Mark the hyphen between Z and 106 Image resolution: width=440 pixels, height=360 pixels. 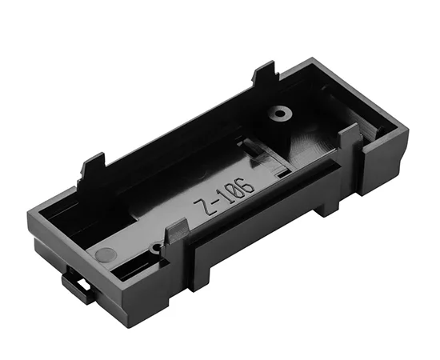pyautogui.click(x=215, y=205)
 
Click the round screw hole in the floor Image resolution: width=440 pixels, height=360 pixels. pyautogui.click(x=280, y=114)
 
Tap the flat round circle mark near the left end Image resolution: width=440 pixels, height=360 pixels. pyautogui.click(x=105, y=255)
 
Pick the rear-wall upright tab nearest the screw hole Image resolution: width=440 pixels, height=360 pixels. pyautogui.click(x=265, y=76)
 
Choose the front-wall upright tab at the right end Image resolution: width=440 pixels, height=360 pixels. pyautogui.click(x=350, y=140)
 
